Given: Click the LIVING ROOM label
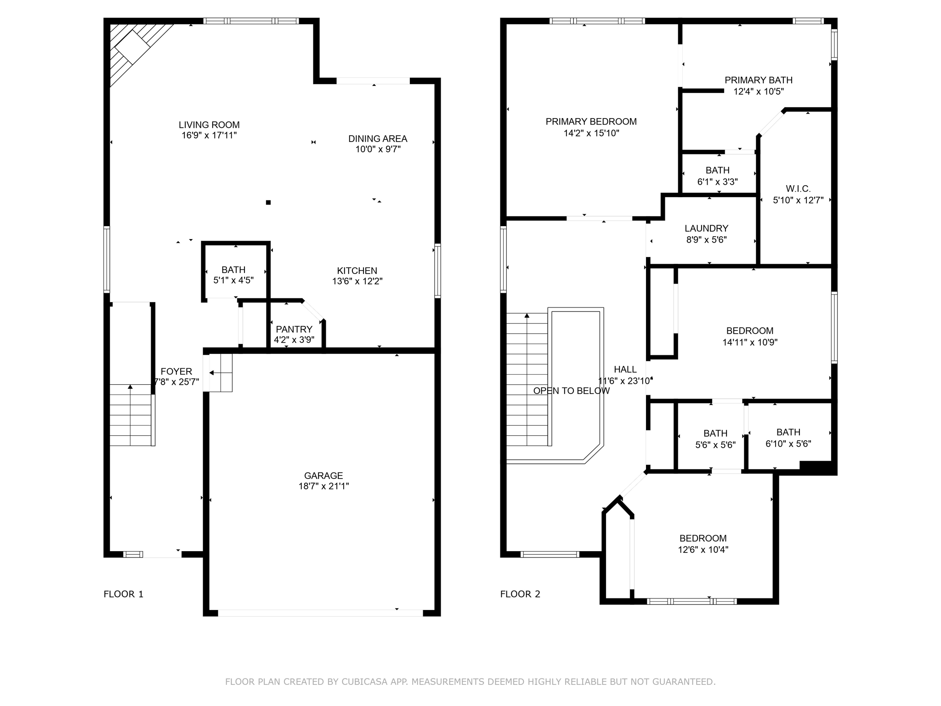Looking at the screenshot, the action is coord(209,125).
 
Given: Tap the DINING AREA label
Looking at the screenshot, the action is coord(378,138).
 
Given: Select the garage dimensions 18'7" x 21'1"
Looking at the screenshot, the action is coord(323,486).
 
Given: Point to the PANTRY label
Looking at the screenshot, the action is coord(294,329).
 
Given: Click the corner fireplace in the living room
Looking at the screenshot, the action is coord(133,47).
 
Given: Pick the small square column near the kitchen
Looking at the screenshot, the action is coord(268,202).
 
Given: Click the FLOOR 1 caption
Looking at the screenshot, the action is coord(124,594).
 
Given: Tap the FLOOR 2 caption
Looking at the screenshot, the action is coord(520,594).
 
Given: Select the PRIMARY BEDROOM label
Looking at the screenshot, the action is coord(591,121).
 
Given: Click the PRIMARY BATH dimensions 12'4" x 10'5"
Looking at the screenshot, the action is coord(759,91).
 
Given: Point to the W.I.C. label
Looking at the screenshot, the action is coord(798,188).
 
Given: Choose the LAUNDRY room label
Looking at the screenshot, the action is coord(706,228).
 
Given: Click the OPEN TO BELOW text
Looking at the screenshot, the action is coord(572,391).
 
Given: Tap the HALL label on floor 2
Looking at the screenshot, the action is coord(625,369).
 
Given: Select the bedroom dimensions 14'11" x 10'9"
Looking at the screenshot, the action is coord(750,342).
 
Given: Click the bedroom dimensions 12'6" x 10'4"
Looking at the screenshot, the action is coord(703,549).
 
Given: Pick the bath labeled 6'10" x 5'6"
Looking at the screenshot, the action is coord(788,438).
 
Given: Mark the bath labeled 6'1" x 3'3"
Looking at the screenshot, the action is coord(718,176).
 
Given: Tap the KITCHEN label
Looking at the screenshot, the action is coord(357,271).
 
